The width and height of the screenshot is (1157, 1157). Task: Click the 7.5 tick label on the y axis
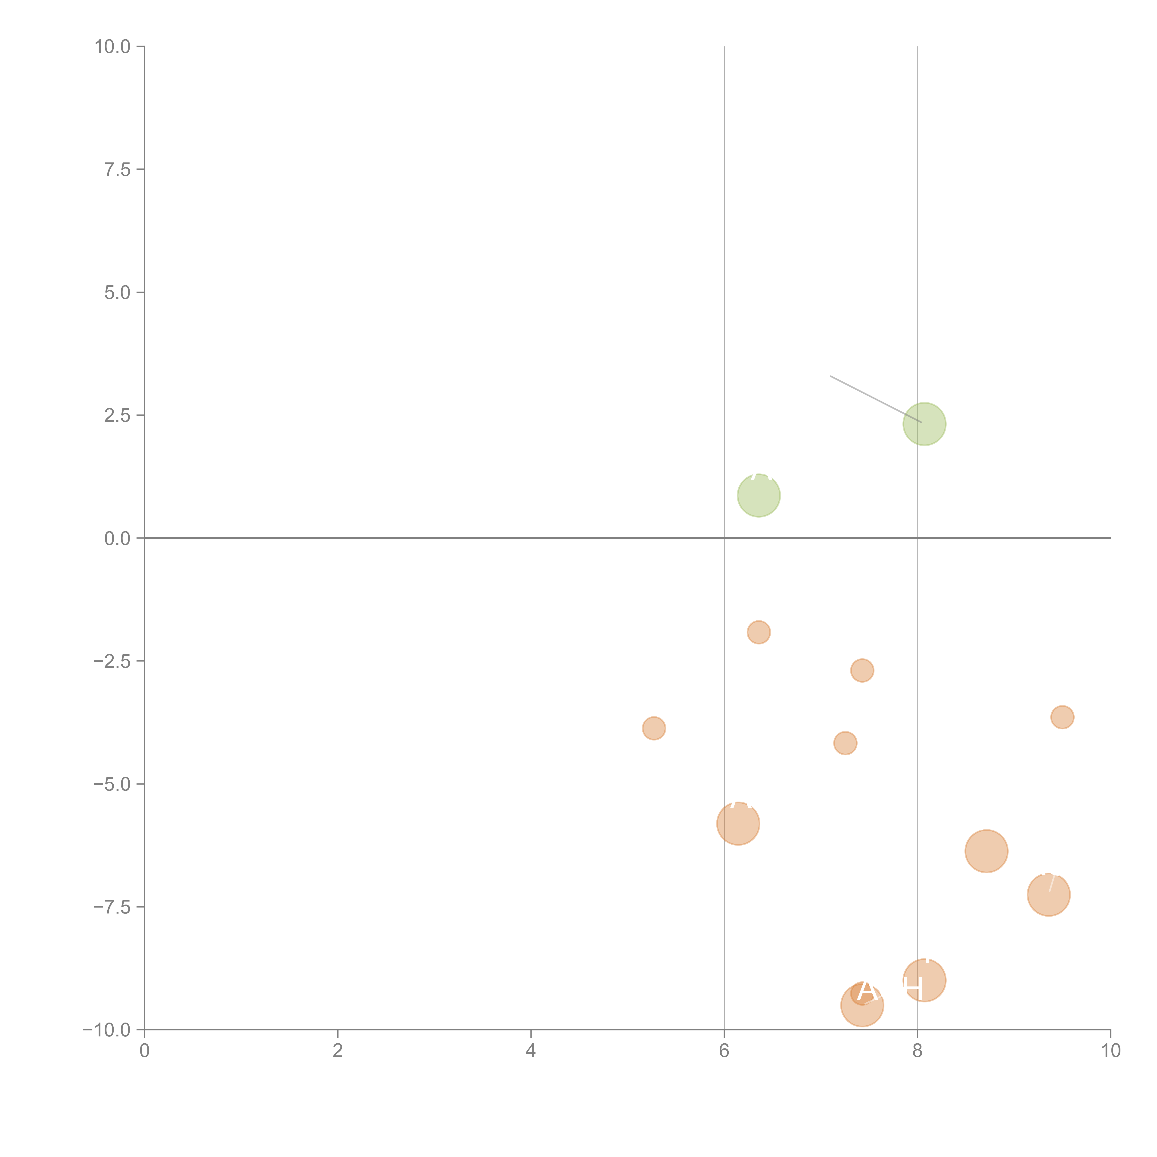pos(117,169)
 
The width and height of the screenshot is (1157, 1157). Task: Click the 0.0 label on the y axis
pos(117,538)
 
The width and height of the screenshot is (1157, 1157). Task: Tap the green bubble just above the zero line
pos(758,495)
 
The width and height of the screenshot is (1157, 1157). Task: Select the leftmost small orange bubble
pos(653,728)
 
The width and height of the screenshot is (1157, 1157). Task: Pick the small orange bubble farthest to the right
pos(1062,717)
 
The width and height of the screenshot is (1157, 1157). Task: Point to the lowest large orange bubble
pos(862,1005)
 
